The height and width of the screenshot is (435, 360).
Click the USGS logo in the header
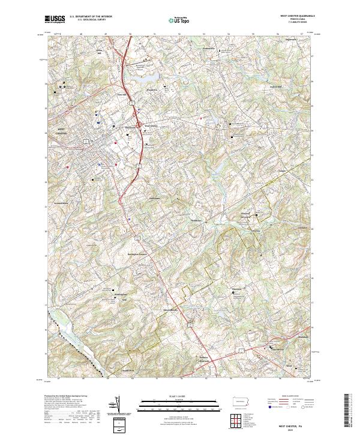[55, 19]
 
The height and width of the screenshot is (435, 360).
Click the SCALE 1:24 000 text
[178, 396]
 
